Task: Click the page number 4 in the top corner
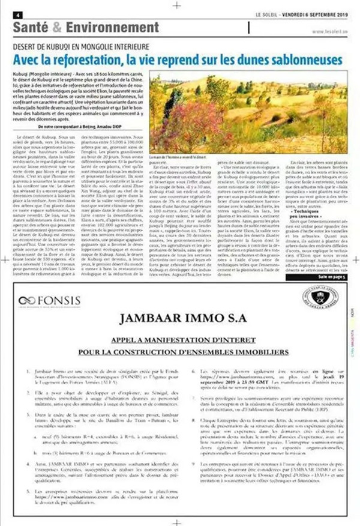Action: coord(19,15)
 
